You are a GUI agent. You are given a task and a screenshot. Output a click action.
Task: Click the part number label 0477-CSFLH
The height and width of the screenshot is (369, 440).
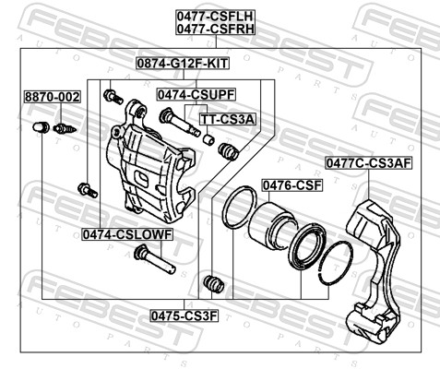point(216,16)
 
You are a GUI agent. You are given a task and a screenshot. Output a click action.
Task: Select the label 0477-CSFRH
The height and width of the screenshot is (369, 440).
point(216,29)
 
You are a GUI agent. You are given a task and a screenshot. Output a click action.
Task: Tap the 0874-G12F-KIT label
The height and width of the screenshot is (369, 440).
point(183,64)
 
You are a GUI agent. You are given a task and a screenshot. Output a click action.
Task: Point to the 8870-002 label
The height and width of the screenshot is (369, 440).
point(53,97)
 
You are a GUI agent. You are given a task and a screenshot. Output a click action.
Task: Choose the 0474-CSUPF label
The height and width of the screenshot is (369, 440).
point(196,94)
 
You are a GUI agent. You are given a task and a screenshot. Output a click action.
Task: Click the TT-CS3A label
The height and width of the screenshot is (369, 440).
point(228,119)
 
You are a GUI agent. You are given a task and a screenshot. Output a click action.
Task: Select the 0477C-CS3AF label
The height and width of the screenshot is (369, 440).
point(369,163)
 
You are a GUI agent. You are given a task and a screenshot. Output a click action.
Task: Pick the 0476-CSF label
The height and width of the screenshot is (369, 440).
point(291,185)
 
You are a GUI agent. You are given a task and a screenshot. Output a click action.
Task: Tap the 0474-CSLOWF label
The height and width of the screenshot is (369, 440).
point(127,234)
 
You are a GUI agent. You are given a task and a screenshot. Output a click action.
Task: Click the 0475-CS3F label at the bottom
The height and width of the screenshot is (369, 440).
point(184,315)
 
